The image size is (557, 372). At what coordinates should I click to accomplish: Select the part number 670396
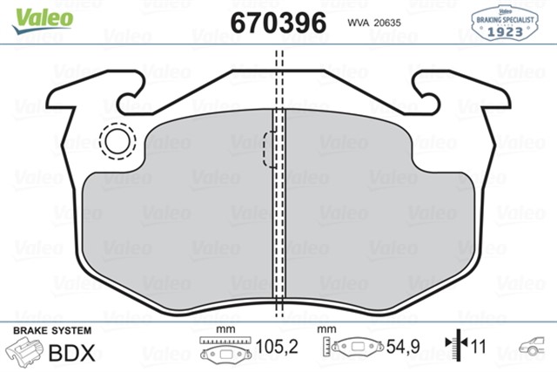(278, 22)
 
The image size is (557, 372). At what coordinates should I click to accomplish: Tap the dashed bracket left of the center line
(268, 149)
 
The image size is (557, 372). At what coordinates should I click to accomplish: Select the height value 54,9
(404, 348)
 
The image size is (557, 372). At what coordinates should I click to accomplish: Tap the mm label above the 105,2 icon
(225, 330)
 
